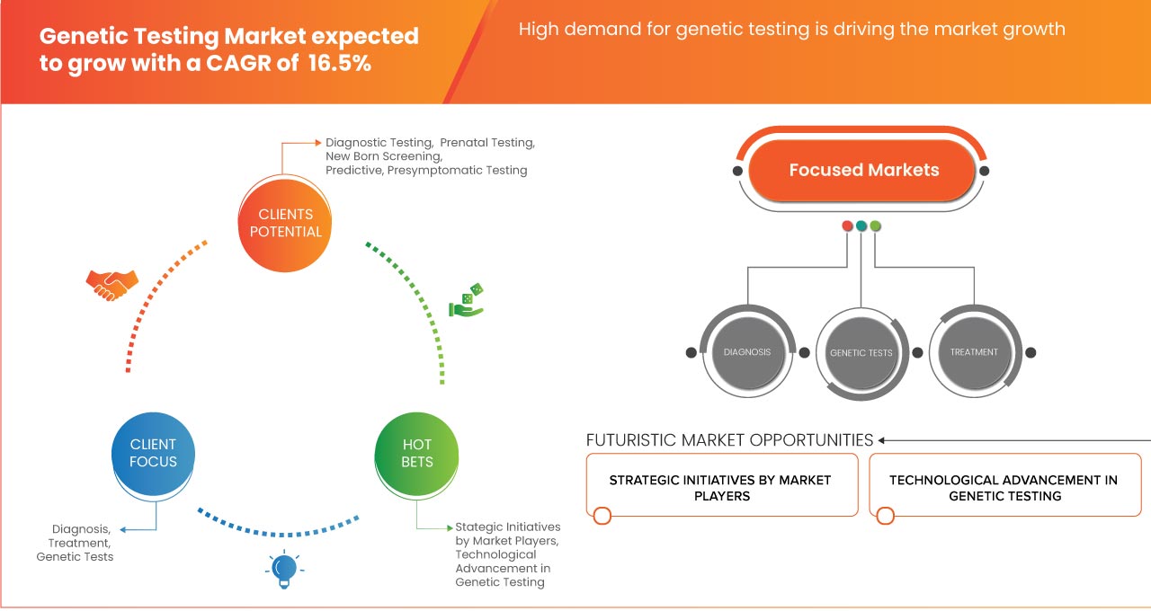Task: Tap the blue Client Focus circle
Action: tap(153, 453)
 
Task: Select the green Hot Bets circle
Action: tap(416, 453)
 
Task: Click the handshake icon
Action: tap(112, 284)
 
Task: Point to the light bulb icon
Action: tap(284, 569)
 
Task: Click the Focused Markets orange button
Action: tap(863, 170)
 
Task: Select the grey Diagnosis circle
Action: tap(747, 352)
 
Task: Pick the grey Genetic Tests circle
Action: tap(861, 353)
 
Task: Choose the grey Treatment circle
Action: tap(974, 352)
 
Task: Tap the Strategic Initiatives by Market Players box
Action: tap(720, 487)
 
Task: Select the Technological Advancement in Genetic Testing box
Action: tap(1004, 487)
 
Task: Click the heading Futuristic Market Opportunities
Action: tap(729, 440)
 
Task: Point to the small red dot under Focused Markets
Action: tap(847, 226)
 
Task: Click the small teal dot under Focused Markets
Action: tap(861, 226)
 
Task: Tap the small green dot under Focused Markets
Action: tap(876, 226)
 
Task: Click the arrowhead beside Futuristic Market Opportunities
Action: tap(882, 440)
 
